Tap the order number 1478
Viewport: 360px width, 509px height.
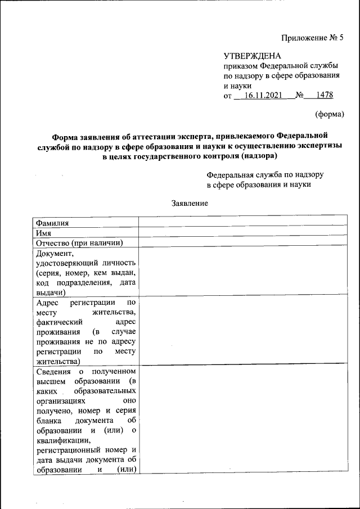325,96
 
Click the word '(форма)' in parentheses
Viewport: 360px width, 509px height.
328,114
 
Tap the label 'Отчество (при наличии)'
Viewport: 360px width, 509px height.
79,242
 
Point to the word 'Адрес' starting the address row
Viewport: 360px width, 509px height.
48,302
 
